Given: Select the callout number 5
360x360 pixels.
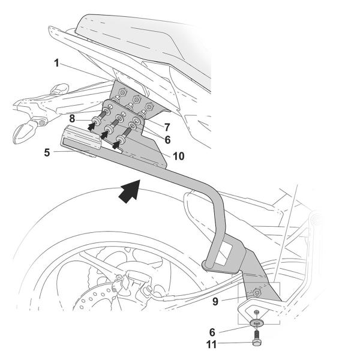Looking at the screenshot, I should (x=47, y=153).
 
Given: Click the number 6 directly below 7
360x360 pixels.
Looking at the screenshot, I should (x=167, y=139).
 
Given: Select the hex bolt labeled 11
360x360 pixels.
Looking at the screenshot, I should (x=257, y=343).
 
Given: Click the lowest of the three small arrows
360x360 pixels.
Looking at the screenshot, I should (x=118, y=143).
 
